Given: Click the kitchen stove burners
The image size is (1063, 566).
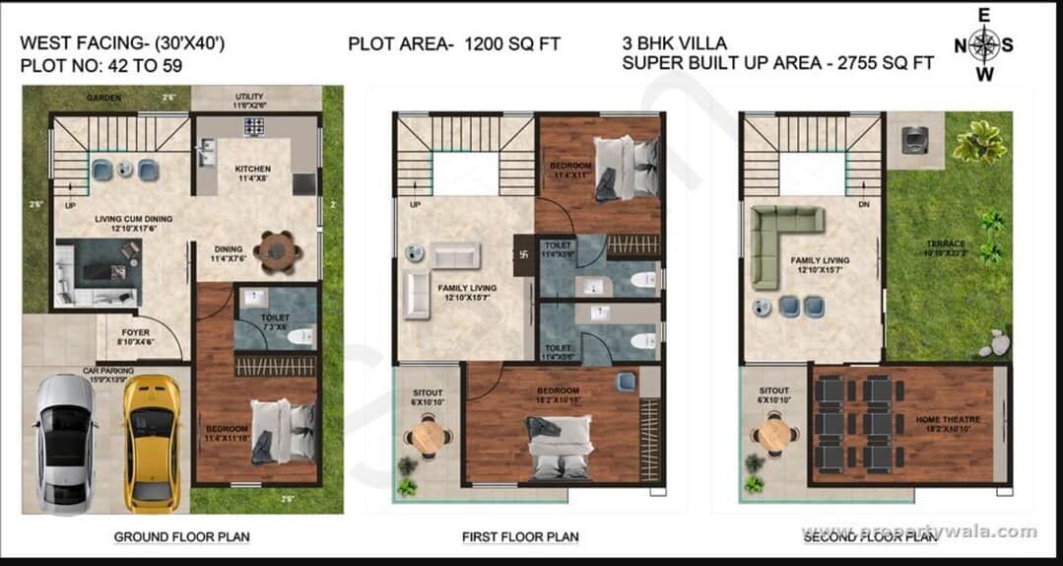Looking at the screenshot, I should [x=253, y=126].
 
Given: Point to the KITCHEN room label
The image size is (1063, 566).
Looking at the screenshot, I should [x=252, y=169].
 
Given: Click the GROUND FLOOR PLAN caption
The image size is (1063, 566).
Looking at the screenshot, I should [x=181, y=537].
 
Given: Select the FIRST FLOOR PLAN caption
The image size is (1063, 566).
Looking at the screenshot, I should [x=520, y=537].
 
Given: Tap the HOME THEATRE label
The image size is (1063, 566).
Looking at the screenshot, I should [x=948, y=420].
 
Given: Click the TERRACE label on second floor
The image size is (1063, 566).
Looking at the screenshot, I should [x=945, y=244].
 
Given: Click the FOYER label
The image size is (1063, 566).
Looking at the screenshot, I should [x=136, y=332].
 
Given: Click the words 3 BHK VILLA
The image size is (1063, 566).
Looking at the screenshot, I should [x=675, y=43].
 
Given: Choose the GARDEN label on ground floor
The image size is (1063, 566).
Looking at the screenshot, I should [x=103, y=99].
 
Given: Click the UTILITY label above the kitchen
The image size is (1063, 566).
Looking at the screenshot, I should [x=249, y=97].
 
